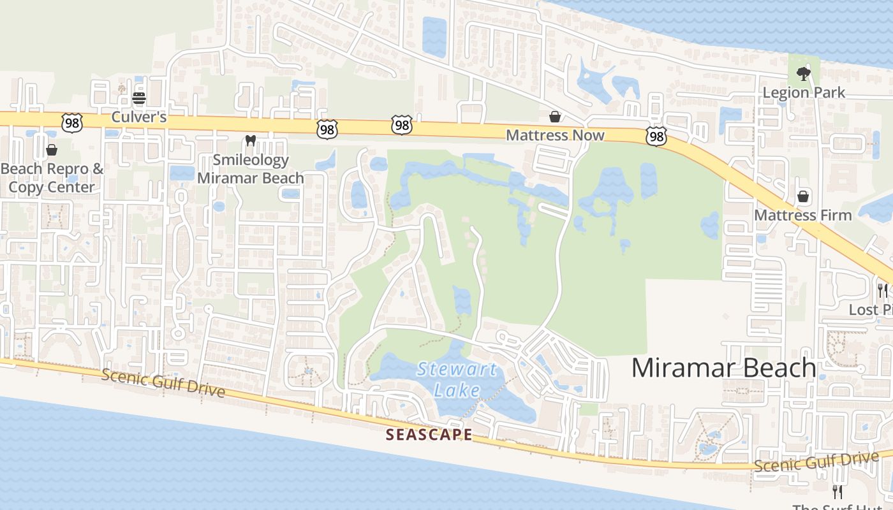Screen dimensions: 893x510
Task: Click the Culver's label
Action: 138,117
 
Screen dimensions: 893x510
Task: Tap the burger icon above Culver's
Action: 138,98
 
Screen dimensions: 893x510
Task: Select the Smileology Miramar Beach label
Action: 251,169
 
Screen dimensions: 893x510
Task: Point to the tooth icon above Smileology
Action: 250,140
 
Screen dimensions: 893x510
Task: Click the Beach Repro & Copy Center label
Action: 52,178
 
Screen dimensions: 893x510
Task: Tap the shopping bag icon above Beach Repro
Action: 52,150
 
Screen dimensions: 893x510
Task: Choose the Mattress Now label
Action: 555,135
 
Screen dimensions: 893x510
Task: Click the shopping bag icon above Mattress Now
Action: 555,117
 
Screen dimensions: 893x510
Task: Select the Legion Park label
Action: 804,92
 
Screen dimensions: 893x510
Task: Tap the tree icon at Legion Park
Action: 804,73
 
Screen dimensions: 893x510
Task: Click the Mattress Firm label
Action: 803,215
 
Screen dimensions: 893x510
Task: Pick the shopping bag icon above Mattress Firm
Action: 803,196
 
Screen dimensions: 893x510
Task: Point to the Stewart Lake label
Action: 457,379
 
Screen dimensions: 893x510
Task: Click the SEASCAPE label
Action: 429,435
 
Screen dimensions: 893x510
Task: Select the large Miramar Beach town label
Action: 724,368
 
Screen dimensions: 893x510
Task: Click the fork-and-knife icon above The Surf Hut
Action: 838,492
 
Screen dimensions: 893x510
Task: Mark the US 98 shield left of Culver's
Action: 72,123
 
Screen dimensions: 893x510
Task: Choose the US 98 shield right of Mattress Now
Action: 656,135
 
